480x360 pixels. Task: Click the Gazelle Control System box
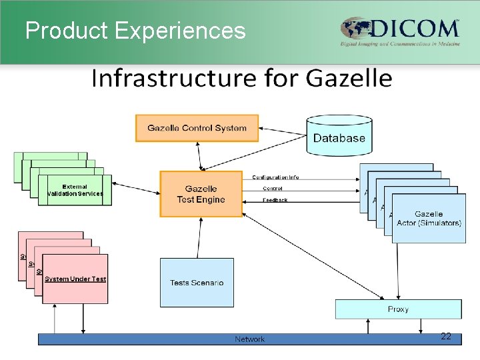coord(197,128)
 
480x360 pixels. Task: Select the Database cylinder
coord(339,138)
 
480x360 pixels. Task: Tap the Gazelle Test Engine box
coord(201,194)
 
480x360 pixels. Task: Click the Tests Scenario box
coord(197,283)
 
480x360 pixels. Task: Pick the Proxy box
coord(398,309)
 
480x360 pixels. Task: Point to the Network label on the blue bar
coord(249,339)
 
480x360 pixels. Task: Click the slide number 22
coord(446,337)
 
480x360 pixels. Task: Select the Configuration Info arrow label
coord(275,177)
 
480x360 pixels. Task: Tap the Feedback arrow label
coord(275,200)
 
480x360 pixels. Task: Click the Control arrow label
coord(272,189)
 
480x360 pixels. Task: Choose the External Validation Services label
coord(75,190)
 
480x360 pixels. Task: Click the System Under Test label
coord(75,279)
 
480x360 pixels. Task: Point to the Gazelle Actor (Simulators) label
coord(429,218)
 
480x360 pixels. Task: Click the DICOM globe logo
coord(355,29)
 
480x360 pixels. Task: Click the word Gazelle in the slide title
coord(349,79)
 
